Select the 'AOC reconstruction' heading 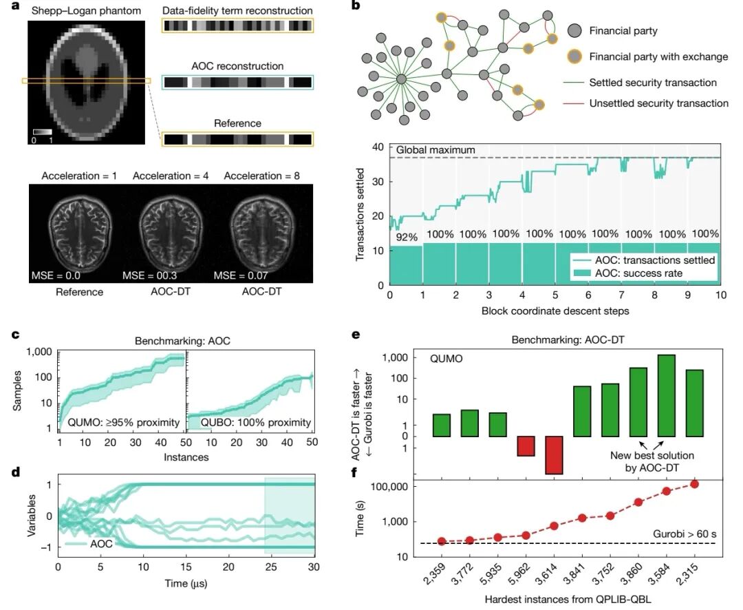[x=237, y=66]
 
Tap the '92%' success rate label [x=406, y=237]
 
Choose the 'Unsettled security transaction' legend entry [x=658, y=103]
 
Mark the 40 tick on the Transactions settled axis [x=377, y=147]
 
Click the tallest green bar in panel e [x=666, y=395]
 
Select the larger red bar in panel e [x=554, y=454]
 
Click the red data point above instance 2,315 [x=693, y=484]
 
